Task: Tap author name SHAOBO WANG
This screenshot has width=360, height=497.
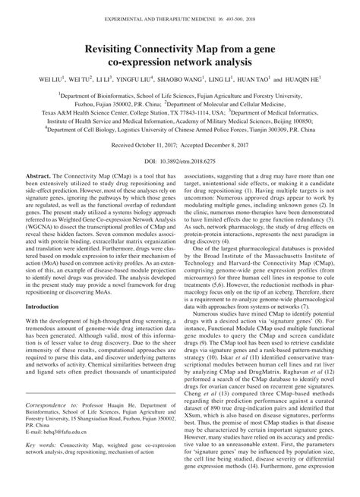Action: (x=185, y=79)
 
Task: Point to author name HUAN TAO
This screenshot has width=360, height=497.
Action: (x=254, y=79)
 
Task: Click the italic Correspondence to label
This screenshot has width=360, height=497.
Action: (x=49, y=427)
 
